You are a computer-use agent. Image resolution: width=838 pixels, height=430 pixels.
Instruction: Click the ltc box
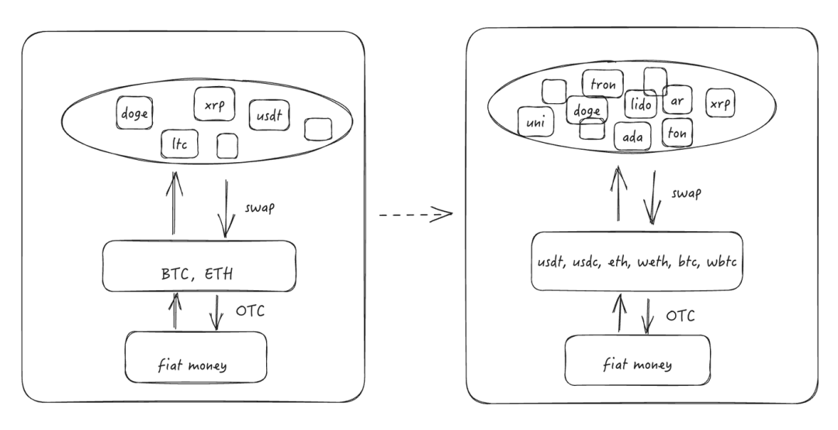(x=179, y=144)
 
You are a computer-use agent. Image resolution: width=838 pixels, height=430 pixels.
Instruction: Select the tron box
(x=602, y=84)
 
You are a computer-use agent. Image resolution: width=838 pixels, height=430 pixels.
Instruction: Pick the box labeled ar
(x=677, y=101)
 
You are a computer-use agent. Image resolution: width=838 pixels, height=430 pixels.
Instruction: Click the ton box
(x=677, y=133)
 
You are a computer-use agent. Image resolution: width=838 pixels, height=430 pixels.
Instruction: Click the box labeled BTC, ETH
(x=200, y=266)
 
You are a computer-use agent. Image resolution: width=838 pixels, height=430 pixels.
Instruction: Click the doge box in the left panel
(x=133, y=114)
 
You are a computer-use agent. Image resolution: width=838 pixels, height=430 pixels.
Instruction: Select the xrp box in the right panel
(x=720, y=104)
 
